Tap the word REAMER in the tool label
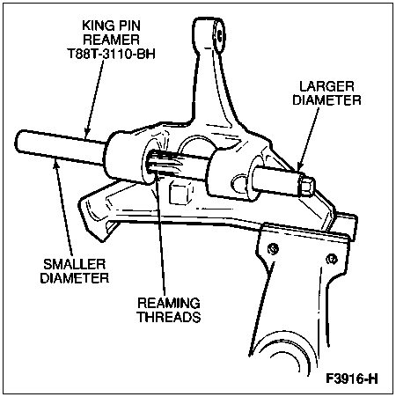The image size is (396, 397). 111,40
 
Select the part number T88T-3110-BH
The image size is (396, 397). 111,54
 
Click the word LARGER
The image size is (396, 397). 326,86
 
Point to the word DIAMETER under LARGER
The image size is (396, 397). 326,100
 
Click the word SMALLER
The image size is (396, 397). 75,264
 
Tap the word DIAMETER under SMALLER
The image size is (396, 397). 75,278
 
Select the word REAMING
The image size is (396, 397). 169,304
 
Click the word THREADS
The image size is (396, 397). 170,317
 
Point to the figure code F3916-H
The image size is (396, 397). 352,379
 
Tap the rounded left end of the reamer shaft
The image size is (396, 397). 19,142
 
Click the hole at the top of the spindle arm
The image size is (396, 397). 219,35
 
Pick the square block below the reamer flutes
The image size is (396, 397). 180,194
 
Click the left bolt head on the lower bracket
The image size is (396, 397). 273,249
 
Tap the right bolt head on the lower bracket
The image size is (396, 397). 332,259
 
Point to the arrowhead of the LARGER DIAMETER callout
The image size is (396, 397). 299,166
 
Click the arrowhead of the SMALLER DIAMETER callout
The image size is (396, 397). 55,165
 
